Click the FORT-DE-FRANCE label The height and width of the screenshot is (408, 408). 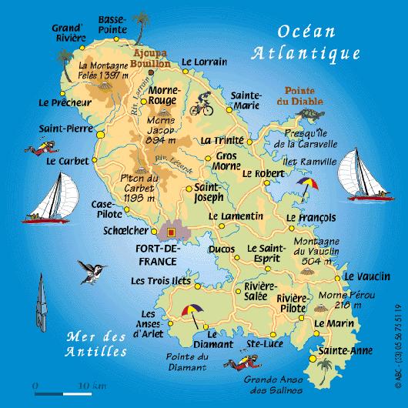156,255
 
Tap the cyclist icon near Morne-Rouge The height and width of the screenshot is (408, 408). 202,102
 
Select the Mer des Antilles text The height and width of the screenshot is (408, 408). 96,345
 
